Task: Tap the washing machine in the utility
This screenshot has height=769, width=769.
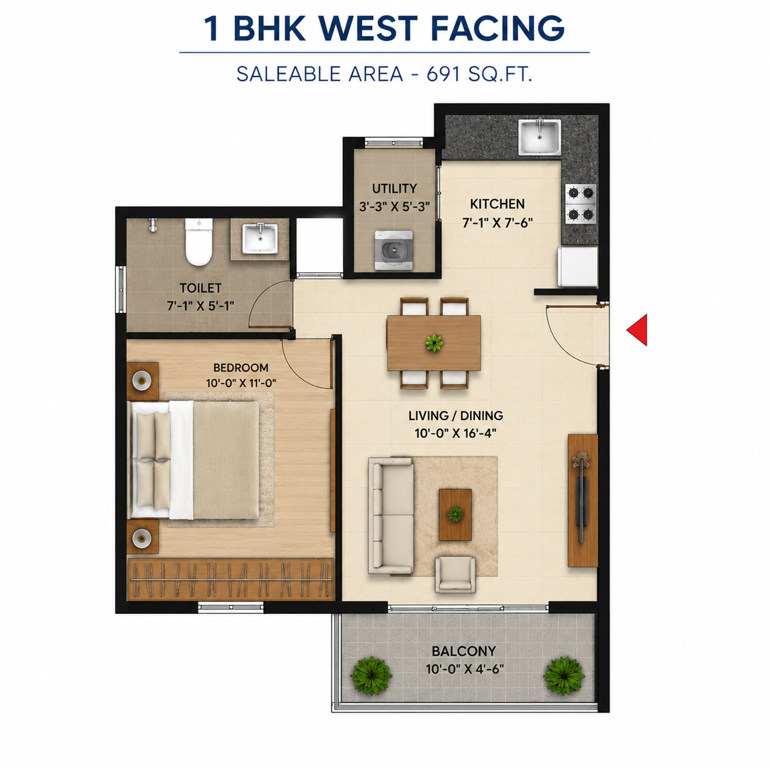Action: point(394,250)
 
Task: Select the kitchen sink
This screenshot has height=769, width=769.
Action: point(540,137)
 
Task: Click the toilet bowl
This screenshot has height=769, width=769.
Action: point(199,242)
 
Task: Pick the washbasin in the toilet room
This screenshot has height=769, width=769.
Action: point(260,239)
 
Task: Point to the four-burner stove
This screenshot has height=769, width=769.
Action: point(581,204)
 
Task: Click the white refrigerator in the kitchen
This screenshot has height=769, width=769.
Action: point(578,267)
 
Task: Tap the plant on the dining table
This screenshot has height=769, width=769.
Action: point(434,343)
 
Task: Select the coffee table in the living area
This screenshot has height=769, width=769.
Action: point(456,515)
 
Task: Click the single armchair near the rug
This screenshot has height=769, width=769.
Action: point(456,574)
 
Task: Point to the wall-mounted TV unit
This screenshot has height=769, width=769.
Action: point(583,500)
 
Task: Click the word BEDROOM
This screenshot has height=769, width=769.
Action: point(240,367)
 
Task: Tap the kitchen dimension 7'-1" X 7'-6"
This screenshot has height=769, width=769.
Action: point(497,223)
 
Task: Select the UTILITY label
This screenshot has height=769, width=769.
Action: point(394,188)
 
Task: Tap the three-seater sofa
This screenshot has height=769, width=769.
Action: point(391,516)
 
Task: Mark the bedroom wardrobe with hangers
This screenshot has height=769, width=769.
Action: point(230,579)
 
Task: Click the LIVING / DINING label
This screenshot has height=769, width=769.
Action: point(456,416)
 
